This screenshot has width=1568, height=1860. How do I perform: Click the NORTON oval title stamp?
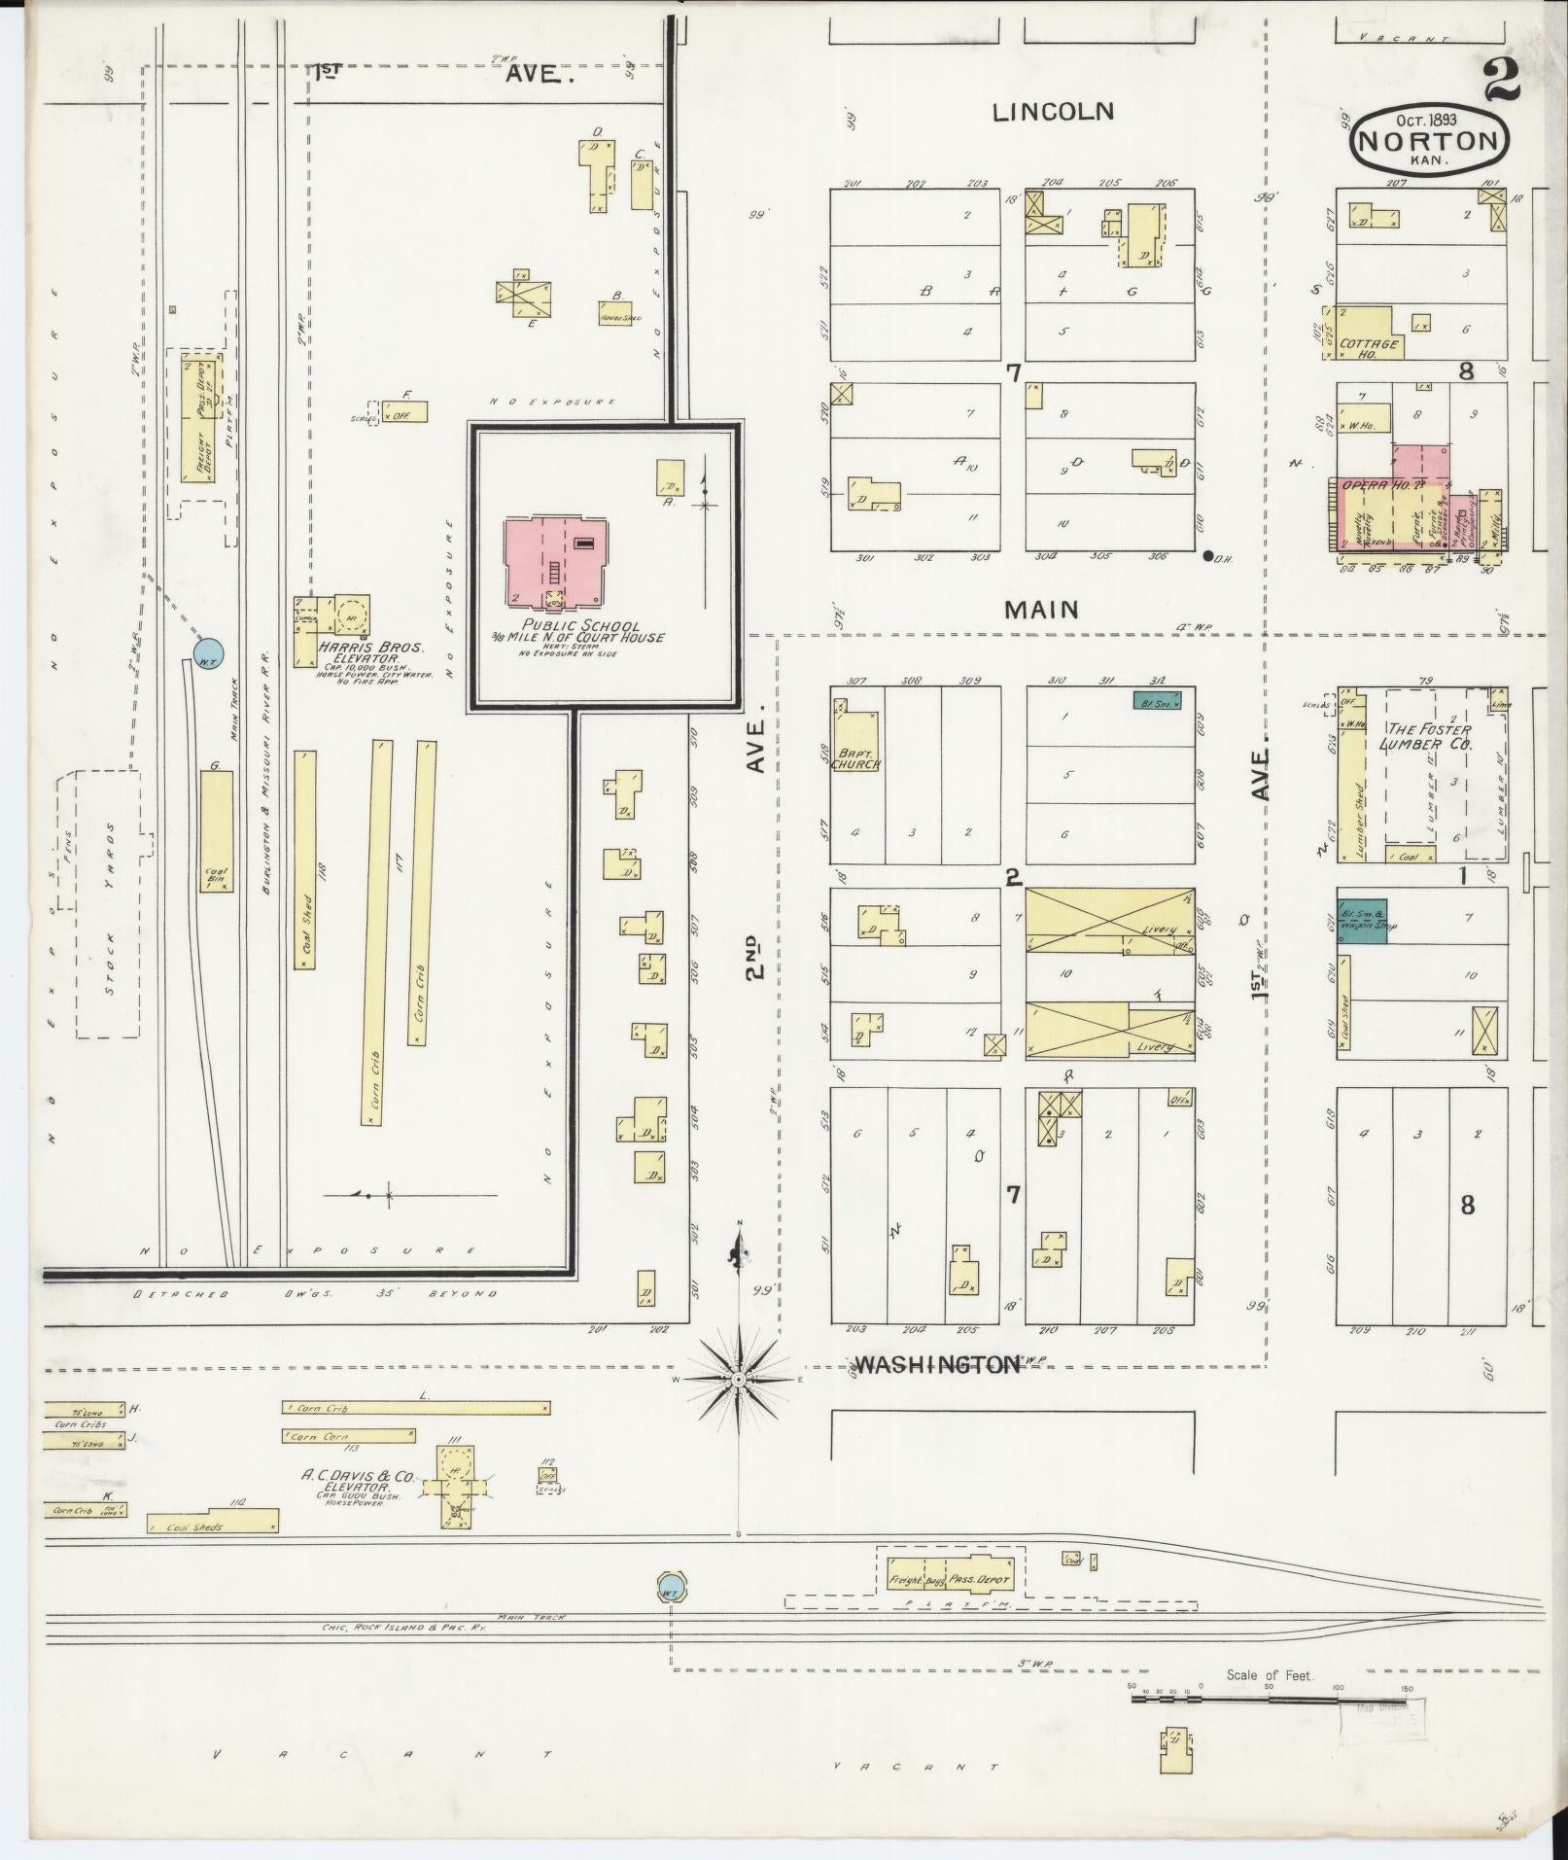(1429, 142)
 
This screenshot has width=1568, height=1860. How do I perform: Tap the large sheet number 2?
(1501, 80)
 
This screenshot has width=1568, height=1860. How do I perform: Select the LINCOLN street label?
(1053, 112)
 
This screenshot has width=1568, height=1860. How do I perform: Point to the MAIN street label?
(1041, 610)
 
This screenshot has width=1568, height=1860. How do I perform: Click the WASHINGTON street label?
(937, 1364)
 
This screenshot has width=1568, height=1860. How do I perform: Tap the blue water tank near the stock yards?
(207, 651)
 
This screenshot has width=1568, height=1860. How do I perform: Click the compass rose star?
(738, 1379)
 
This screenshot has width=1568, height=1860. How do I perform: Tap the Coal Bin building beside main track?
(217, 826)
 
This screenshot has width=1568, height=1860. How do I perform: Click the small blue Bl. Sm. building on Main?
(1157, 700)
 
